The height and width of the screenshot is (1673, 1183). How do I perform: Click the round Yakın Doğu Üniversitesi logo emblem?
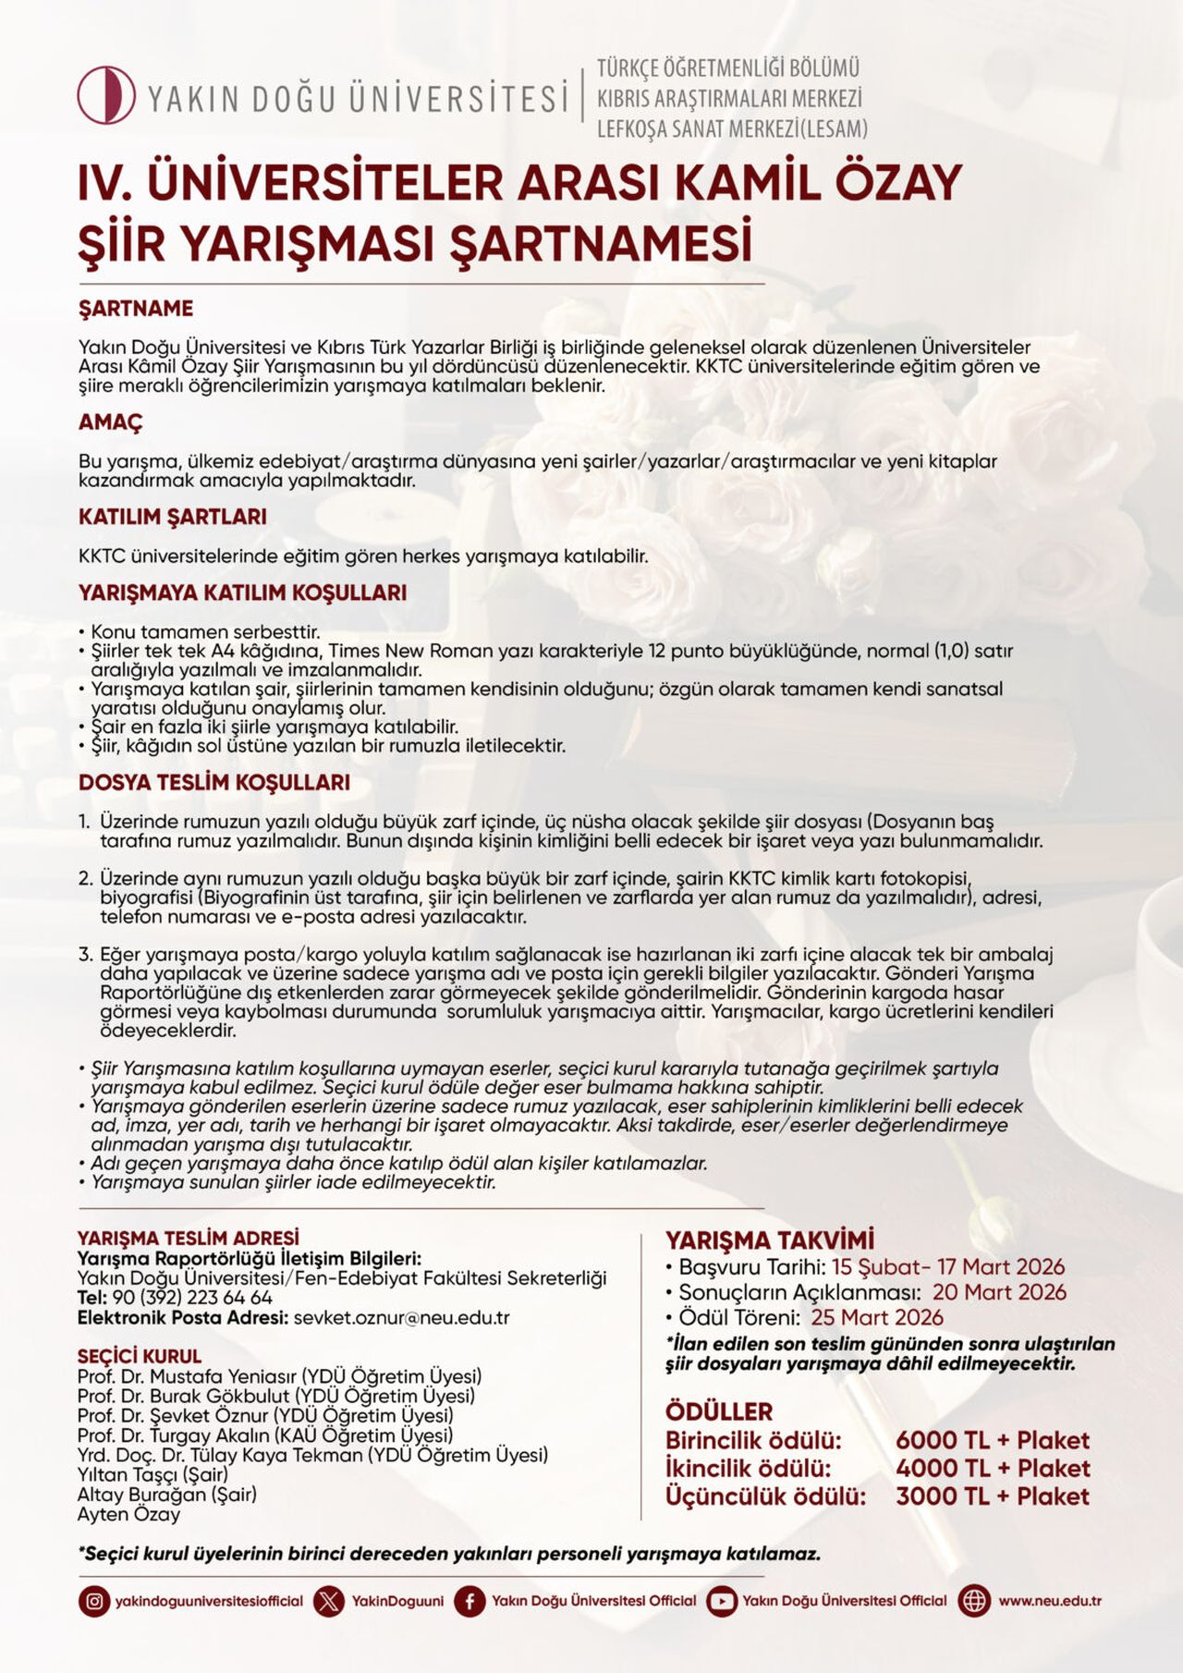(106, 94)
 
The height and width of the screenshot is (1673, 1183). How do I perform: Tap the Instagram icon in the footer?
(93, 1601)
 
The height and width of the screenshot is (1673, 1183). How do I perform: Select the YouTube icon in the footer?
(722, 1601)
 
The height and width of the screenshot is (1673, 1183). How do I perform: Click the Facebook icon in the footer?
(470, 1601)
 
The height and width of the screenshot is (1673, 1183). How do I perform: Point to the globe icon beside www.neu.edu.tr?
(974, 1601)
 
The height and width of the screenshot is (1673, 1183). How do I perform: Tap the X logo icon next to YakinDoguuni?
(329, 1601)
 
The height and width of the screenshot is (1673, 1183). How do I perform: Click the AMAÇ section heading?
(111, 422)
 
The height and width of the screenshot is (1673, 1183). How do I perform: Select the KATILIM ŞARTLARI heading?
(173, 517)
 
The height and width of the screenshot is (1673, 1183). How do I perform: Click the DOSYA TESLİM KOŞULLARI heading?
(214, 782)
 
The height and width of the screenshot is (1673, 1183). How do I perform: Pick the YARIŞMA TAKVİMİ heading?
(769, 1239)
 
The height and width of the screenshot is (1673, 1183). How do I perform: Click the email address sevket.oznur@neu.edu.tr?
(401, 1318)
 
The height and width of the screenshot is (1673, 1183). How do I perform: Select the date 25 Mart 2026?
(877, 1317)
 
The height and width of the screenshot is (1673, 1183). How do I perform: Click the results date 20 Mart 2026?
(999, 1292)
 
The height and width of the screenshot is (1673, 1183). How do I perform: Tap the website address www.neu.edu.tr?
(1049, 1601)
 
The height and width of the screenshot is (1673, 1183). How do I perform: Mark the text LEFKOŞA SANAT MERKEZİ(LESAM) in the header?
(732, 128)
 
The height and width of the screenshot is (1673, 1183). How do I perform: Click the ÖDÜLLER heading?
(719, 1411)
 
